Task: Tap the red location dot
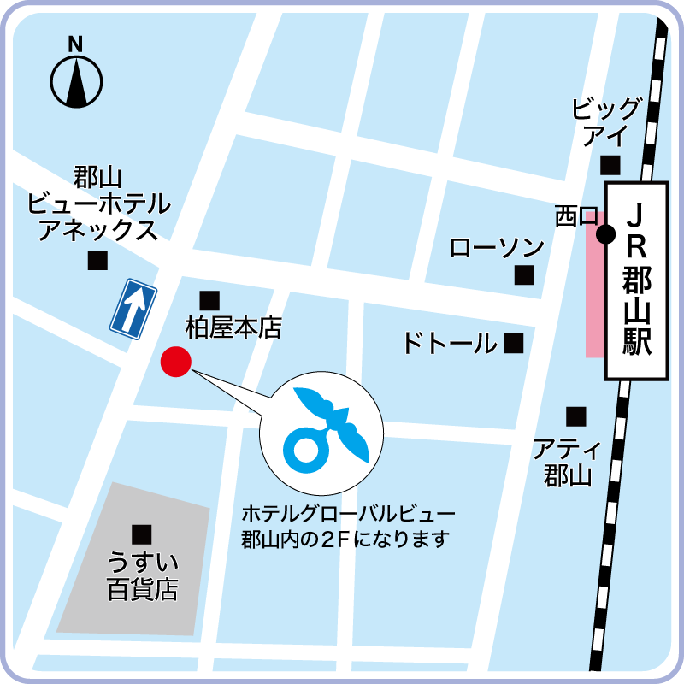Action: click(175, 362)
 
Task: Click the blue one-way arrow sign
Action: click(133, 308)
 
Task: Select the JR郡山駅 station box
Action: click(637, 280)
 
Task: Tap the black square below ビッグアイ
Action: click(610, 164)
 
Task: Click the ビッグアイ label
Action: click(606, 122)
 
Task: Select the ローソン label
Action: click(497, 248)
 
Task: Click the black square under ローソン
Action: click(523, 275)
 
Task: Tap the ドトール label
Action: click(449, 344)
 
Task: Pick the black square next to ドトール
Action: click(513, 344)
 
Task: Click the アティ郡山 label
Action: click(568, 462)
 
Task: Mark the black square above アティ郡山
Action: click(576, 416)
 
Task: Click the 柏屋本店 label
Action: click(233, 327)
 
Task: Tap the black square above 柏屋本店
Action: click(209, 300)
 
